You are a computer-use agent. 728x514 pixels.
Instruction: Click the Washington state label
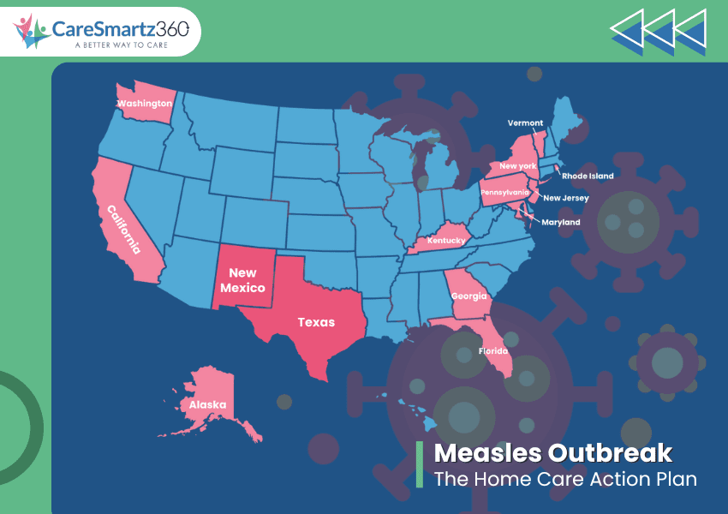pos(145,104)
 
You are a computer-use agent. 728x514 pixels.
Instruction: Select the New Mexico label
pos(242,280)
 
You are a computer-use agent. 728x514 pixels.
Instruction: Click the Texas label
pos(316,322)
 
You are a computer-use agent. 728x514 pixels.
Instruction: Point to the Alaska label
pos(208,404)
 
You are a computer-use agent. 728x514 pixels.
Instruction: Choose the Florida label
pos(492,351)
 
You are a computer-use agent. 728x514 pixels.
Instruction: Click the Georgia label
pos(469,296)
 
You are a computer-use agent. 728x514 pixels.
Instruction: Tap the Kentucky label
pos(447,241)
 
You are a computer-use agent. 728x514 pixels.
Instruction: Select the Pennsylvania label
pos(505,193)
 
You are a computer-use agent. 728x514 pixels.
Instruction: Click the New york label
pos(517,165)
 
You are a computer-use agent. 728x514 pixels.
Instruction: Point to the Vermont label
pos(525,123)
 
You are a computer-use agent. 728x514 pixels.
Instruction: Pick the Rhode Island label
pos(588,176)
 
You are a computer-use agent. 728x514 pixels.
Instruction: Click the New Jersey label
pos(566,198)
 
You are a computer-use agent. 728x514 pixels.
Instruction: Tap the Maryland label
pos(561,222)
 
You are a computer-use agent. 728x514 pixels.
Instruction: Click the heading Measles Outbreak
pos(552,453)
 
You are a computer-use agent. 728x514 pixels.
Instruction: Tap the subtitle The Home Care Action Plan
pos(564,479)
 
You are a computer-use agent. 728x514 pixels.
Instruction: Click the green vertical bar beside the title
pos(420,465)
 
